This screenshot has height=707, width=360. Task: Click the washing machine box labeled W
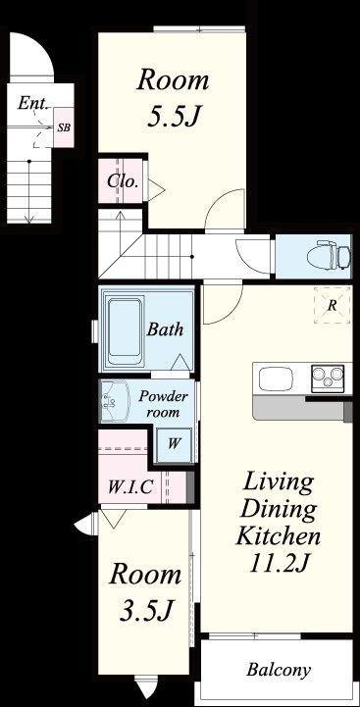pos(174,443)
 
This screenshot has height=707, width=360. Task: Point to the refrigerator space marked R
pos(332,305)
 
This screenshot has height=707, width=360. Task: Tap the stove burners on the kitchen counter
pos(328,377)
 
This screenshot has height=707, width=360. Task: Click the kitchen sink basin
pos(277,379)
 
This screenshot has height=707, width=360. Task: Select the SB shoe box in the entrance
pos(64,127)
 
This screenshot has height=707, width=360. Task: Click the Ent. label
pos(33,104)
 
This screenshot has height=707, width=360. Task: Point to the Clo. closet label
pos(122,181)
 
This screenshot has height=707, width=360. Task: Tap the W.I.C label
pos(129,486)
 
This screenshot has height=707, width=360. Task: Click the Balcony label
pos(279,670)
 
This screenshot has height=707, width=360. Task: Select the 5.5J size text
pos(174,117)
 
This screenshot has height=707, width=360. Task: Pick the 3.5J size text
pos(146,612)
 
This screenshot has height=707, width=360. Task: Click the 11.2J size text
pos(279,562)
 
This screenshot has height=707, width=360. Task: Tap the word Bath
pos(165,329)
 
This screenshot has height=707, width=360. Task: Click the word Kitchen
pos(279,536)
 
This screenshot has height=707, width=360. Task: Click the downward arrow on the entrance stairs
pos(29,191)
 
